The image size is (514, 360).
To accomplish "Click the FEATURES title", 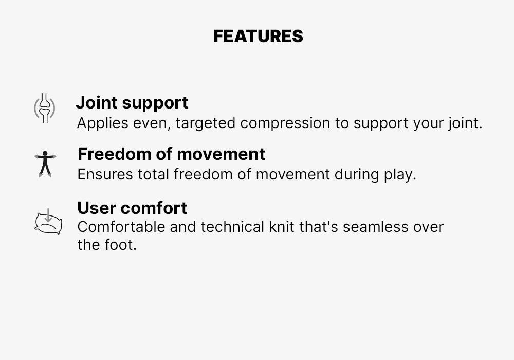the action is (258, 36).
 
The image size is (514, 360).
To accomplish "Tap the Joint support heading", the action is (132, 103).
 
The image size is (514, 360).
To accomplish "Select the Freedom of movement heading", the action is (172, 154).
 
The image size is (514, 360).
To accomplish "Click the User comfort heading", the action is (133, 208).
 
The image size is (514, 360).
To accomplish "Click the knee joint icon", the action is (45, 108).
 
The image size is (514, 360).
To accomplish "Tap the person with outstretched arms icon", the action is (45, 164).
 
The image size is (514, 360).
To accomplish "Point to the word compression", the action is (285, 123).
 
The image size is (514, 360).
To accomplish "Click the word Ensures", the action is (105, 174).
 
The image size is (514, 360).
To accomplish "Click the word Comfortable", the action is (121, 227).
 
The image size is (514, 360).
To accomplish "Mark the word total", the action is (153, 174).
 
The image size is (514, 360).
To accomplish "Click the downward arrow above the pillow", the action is (48, 215).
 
